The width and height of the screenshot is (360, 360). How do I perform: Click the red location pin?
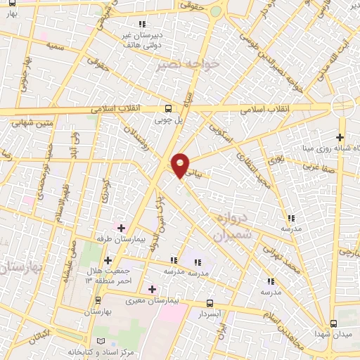[181, 165]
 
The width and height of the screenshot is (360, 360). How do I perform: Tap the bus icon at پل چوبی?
[169, 108]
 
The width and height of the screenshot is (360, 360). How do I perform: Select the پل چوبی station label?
[169, 120]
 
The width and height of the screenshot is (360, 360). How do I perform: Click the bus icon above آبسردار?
[210, 303]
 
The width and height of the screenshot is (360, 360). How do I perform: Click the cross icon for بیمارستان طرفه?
[121, 228]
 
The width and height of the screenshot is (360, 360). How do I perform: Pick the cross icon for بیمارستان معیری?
[152, 288]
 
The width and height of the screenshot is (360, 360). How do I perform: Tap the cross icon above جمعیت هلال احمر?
[108, 262]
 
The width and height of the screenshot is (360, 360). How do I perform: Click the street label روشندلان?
[136, 140]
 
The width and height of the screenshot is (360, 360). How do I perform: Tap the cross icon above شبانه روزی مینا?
[340, 137]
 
